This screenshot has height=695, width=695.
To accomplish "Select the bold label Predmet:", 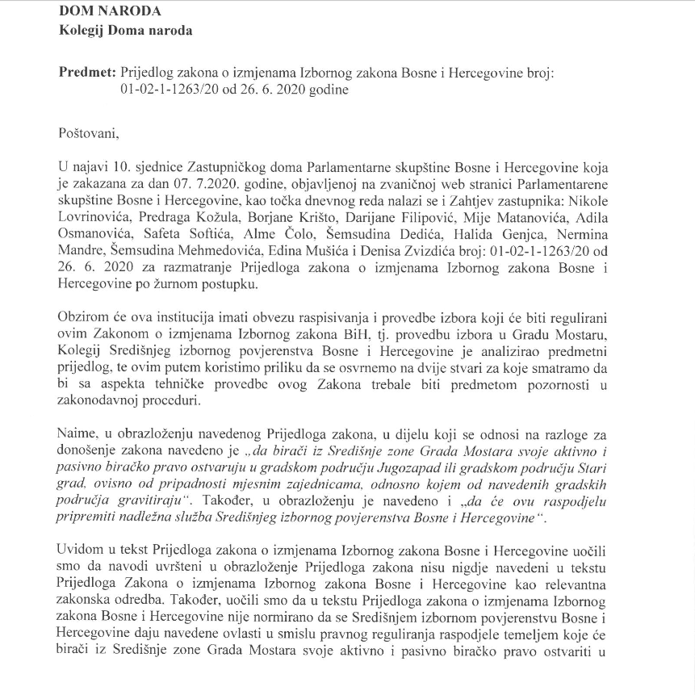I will pyautogui.click(x=86, y=73).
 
